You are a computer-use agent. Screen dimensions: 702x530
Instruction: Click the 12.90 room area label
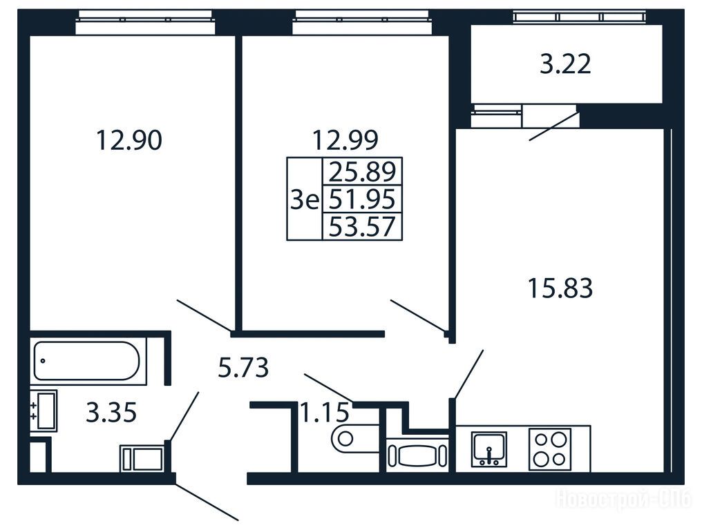[x=129, y=140]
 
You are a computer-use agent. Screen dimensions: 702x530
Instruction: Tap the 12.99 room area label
[x=345, y=140]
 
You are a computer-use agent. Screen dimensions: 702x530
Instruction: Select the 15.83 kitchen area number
[x=560, y=288]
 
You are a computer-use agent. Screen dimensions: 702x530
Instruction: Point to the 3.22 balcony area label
[x=565, y=64]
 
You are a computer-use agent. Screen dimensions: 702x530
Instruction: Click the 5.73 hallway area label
[x=243, y=368]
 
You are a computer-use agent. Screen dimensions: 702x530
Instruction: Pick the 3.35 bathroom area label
[x=111, y=413]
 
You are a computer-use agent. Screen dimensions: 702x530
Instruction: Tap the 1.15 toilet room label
[x=325, y=413]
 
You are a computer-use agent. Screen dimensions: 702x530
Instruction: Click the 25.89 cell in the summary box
[x=363, y=171]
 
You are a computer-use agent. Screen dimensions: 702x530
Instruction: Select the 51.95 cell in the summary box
[x=363, y=199]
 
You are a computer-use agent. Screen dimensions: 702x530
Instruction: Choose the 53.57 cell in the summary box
[x=363, y=226]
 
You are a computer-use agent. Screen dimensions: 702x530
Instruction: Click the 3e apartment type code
[x=305, y=199]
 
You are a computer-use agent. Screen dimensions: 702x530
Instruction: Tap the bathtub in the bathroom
[x=87, y=360]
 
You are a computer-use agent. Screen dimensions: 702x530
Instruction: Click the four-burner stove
[x=550, y=449]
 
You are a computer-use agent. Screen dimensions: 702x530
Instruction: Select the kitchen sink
[x=489, y=449]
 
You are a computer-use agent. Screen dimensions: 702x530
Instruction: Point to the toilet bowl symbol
[x=354, y=438]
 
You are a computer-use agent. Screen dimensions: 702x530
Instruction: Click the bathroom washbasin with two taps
[x=44, y=411]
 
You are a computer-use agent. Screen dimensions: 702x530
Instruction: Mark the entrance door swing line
[x=207, y=502]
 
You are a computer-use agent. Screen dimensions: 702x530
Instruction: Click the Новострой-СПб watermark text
[x=624, y=498]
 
